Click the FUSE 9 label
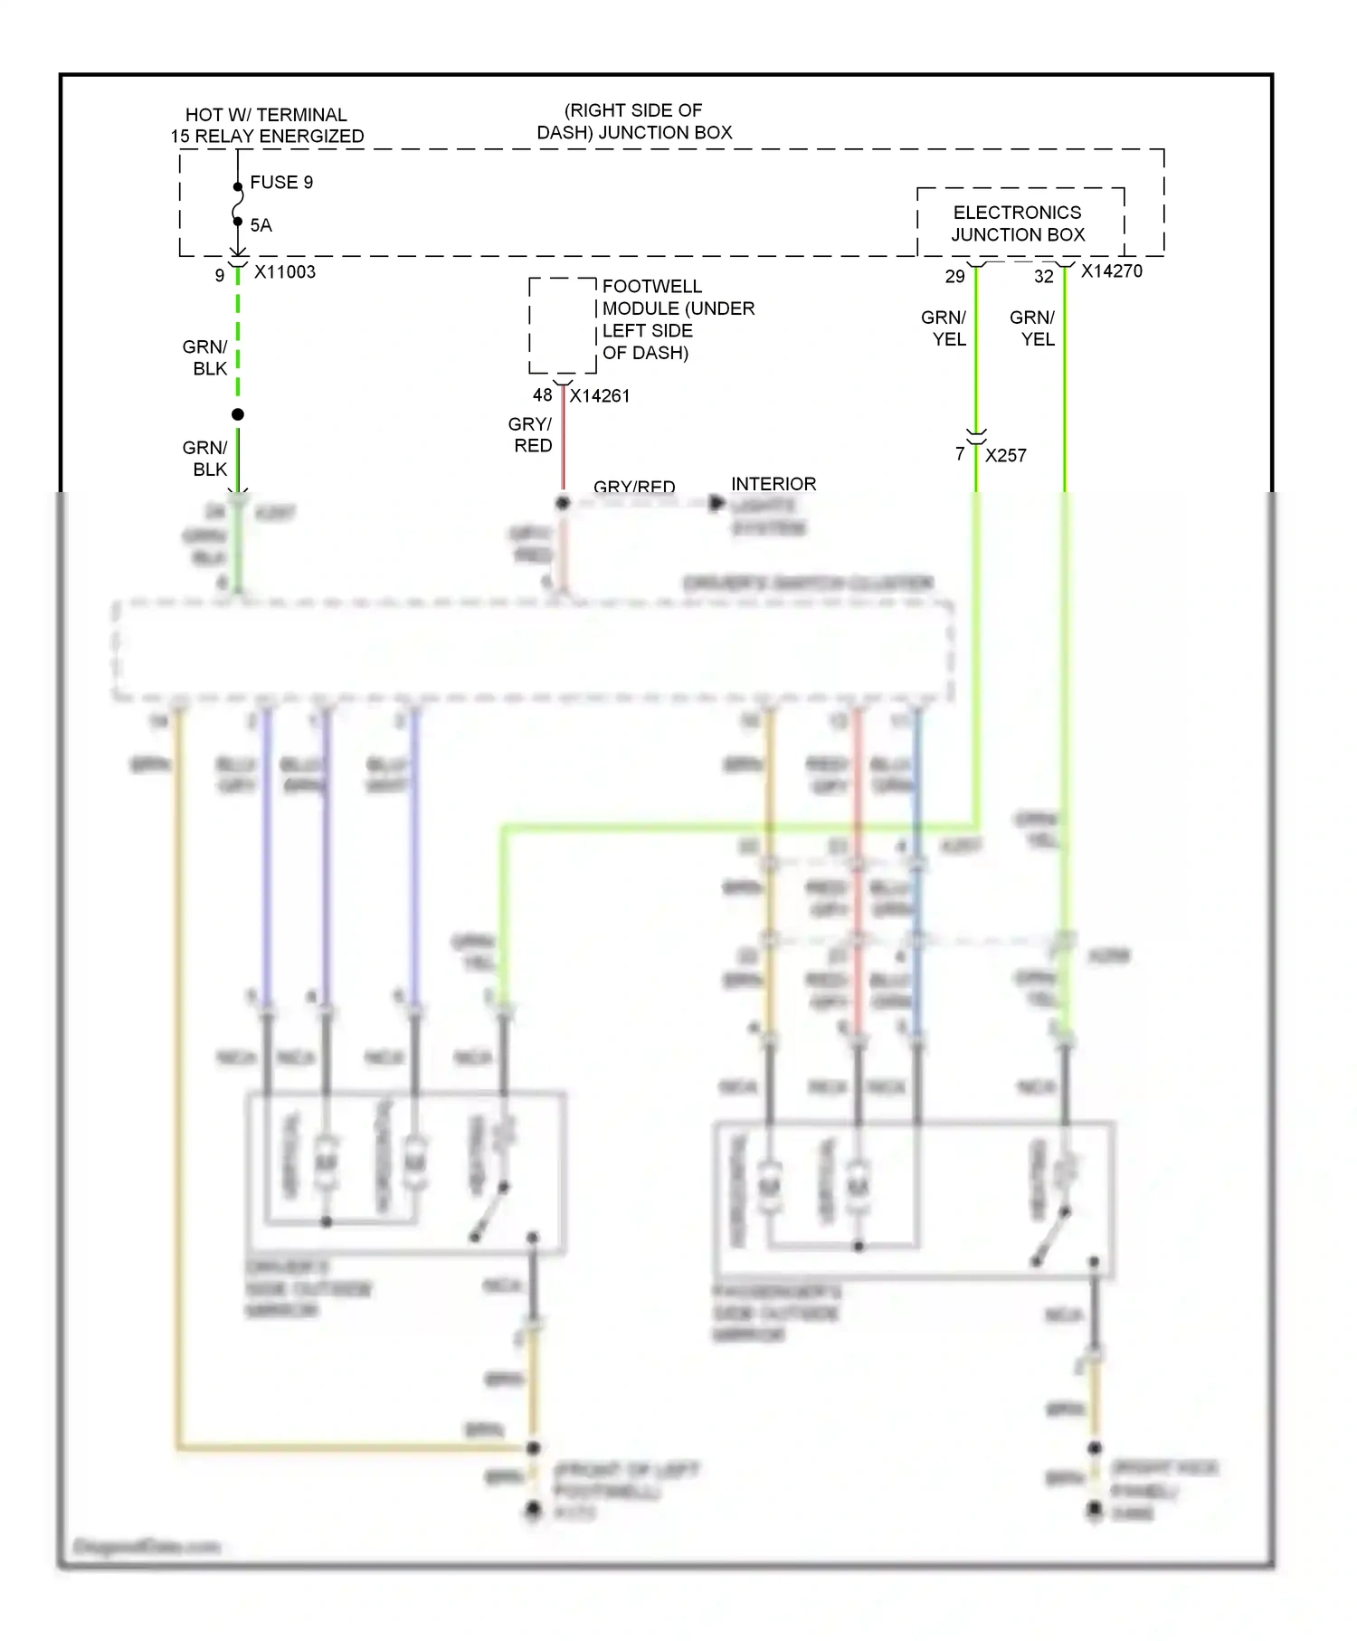281,183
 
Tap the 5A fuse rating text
261,225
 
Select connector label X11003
285,272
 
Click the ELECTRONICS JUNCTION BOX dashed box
1020,223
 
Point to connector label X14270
1112,271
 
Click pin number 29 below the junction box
955,277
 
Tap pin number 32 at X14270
1044,277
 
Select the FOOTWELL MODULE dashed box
563,325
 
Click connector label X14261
600,396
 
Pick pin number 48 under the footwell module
542,395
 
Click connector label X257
1006,456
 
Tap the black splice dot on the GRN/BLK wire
238,414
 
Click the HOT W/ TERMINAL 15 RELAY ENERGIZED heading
267,126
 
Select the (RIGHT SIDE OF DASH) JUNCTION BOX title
634,121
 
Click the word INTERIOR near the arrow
773,484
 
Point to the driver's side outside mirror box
406,1173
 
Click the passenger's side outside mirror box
914,1200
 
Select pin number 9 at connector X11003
220,275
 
